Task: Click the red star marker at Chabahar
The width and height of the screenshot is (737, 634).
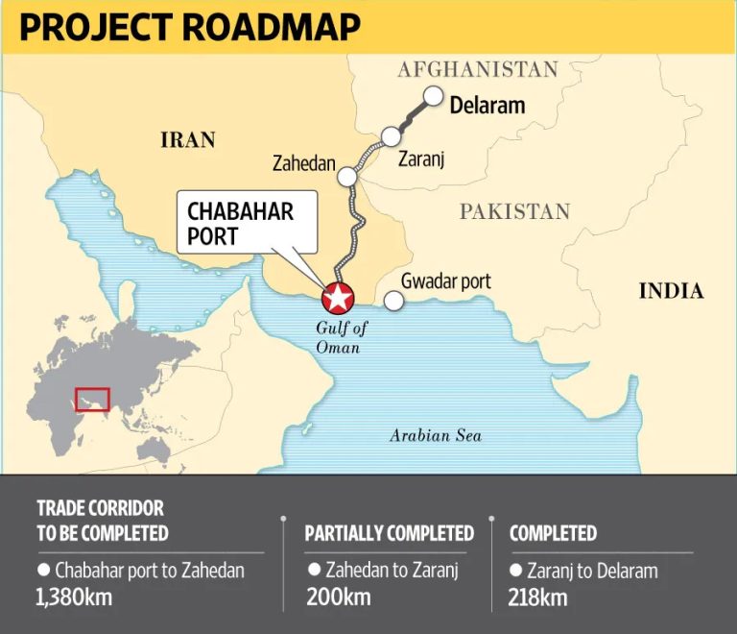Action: pyautogui.click(x=337, y=299)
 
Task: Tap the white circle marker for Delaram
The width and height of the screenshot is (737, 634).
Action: pyautogui.click(x=434, y=96)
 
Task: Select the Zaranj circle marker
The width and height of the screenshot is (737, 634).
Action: pyautogui.click(x=391, y=136)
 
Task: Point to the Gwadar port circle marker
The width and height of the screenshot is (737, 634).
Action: pyautogui.click(x=393, y=301)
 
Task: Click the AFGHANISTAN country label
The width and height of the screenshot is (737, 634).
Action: pyautogui.click(x=477, y=69)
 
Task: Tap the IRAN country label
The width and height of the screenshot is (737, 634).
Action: pyautogui.click(x=187, y=140)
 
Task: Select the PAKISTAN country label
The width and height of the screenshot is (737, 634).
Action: pyautogui.click(x=514, y=211)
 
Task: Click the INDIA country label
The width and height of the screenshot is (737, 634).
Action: pyautogui.click(x=671, y=291)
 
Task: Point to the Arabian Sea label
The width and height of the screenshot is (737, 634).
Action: pyautogui.click(x=435, y=436)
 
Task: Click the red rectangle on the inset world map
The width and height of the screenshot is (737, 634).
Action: pyautogui.click(x=92, y=399)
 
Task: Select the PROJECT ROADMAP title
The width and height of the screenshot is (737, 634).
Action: pyautogui.click(x=190, y=27)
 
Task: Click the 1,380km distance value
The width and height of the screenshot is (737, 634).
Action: pyautogui.click(x=75, y=597)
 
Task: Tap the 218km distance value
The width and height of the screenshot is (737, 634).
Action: pyautogui.click(x=538, y=597)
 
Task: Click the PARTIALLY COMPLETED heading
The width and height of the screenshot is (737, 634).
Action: pyautogui.click(x=389, y=533)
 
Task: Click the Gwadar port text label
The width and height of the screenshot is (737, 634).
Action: pyautogui.click(x=445, y=280)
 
